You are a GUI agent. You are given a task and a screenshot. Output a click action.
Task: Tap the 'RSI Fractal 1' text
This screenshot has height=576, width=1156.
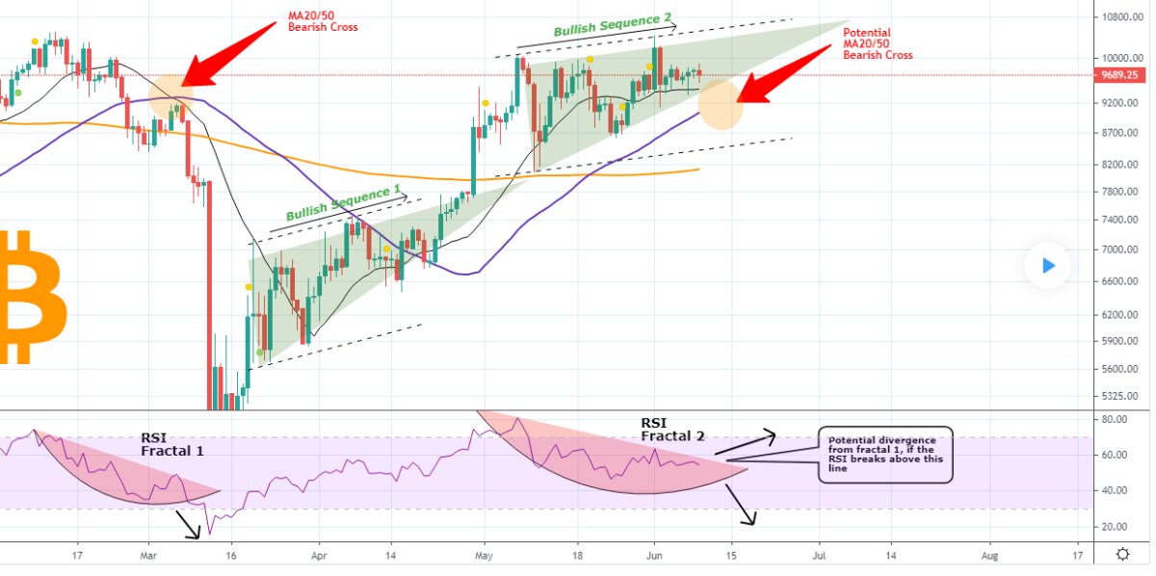[x=172, y=444]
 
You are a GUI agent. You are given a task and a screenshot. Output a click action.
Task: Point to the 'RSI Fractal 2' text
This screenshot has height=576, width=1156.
[x=672, y=430]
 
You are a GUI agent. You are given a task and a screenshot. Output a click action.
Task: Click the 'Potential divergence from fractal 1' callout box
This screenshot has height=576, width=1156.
[x=884, y=455]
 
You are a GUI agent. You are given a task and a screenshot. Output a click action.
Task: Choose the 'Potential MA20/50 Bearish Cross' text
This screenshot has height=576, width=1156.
[x=878, y=43]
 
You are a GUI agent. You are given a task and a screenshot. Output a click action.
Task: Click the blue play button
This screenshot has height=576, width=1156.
[x=1048, y=265]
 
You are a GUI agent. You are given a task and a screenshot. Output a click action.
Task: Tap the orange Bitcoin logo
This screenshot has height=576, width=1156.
[x=32, y=298]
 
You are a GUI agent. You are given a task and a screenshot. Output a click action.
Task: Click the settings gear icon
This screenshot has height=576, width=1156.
[x=1123, y=554]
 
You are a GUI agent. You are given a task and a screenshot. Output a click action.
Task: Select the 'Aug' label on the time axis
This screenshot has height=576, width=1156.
[x=989, y=556]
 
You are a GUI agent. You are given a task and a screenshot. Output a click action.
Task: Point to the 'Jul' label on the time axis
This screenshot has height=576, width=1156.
[x=820, y=556]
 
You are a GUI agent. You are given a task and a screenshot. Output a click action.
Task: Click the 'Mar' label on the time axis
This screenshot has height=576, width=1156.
[x=148, y=556]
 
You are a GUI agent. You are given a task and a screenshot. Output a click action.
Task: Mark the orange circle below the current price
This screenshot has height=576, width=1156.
[x=721, y=104]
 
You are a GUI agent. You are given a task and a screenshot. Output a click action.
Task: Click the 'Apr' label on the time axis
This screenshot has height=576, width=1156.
[x=319, y=556]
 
